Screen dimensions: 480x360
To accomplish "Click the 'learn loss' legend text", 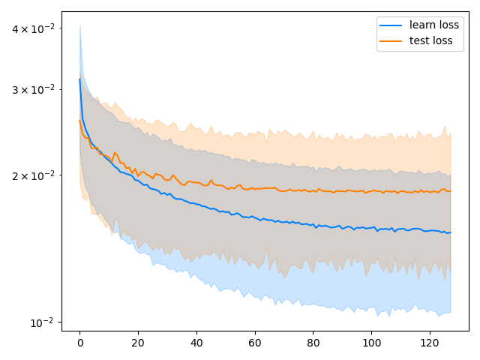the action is click(434, 25).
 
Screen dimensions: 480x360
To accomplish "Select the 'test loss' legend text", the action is click(430, 40).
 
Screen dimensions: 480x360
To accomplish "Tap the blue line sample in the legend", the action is click(391, 25).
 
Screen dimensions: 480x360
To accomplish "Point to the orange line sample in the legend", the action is click(391, 41).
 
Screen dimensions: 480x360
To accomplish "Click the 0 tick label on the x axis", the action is click(80, 343).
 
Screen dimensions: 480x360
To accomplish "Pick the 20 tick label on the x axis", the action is click(138, 343).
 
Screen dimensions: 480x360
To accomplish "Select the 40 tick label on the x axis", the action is click(196, 343).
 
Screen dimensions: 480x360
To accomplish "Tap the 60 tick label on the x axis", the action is click(255, 343).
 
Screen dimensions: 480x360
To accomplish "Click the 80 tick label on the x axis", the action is click(313, 343).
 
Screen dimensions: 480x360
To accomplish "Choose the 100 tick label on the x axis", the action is click(372, 343).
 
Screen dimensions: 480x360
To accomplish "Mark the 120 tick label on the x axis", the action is click(430, 343).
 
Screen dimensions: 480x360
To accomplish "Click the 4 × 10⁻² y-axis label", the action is click(33, 28).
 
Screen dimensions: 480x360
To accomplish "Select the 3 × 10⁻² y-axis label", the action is click(33, 90).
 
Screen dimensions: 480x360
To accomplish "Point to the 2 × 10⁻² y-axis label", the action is click(33, 175).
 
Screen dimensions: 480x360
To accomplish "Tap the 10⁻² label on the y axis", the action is click(42, 322).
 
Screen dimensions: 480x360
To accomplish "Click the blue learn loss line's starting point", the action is click(80, 79).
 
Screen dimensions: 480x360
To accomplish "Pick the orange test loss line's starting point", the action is click(80, 120).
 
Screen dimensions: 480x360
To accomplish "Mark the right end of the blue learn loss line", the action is click(450, 232).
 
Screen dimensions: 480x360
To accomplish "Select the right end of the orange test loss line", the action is click(450, 191).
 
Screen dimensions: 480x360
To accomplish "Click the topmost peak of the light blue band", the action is click(80, 26).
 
